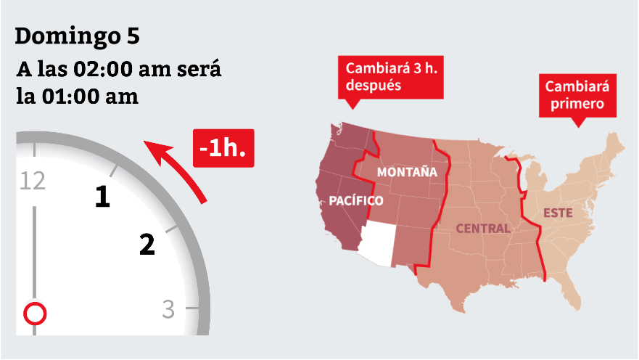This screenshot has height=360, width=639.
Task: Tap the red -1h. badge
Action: (223, 148)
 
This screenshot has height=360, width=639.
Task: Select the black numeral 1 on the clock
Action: (104, 197)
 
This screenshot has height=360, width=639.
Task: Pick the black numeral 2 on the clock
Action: (147, 245)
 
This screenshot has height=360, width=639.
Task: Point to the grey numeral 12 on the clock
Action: (34, 180)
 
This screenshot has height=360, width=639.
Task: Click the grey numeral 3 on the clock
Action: (168, 309)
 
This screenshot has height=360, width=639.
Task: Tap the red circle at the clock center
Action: (35, 314)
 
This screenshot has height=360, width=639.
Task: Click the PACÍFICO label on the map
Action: (355, 200)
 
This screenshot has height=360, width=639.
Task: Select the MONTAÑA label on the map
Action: (407, 173)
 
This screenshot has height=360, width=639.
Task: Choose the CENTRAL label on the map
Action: (482, 229)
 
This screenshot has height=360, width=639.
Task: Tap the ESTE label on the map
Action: (558, 213)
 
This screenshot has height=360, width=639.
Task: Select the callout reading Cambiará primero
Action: (577, 96)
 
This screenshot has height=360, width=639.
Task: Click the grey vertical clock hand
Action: (34, 254)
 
